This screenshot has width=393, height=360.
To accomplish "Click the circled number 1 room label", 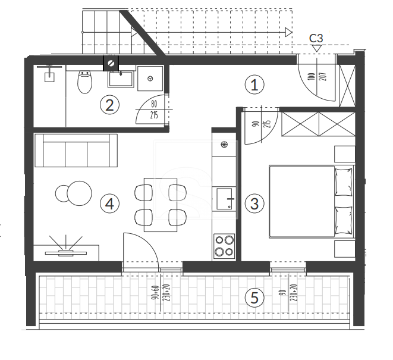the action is point(254,85).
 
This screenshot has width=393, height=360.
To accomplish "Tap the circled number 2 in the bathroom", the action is point(109,105).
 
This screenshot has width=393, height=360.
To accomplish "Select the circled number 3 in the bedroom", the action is point(254,204).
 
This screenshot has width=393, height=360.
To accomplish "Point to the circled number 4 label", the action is point(109,204).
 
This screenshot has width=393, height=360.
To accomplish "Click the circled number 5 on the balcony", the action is point(254,298).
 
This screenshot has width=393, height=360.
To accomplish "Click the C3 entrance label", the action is point(316,39).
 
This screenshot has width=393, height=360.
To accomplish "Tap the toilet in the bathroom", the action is point(84,82).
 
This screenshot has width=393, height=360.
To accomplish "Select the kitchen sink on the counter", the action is point(224,199).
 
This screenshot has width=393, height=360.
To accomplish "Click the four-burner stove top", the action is point(224,246).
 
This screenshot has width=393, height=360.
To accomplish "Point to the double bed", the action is point(312,201).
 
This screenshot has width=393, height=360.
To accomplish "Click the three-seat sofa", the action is point(76,151).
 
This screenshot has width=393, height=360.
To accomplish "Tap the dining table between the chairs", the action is point(161,205).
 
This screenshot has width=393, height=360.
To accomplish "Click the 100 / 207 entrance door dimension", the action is point(317,77).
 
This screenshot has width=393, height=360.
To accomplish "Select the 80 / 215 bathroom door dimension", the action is point(154,109).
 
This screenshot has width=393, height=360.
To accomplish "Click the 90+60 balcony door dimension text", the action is point(155,293).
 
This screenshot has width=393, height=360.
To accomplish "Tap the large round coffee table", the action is point(79,193).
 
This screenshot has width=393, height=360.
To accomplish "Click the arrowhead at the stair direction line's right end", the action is point(289,32).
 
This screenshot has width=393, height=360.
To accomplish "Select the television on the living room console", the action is point(65,253).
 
